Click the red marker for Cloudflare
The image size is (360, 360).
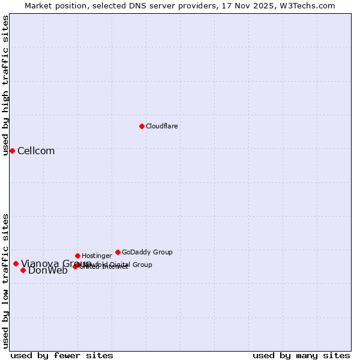point(142,126)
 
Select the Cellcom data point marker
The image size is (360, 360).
point(12,151)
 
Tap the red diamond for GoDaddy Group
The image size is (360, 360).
point(118,252)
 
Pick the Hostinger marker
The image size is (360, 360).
point(77,256)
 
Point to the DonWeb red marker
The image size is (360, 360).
point(23,270)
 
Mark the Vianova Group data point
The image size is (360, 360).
point(16,263)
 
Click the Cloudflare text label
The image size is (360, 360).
point(162,126)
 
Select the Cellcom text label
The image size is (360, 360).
point(36,151)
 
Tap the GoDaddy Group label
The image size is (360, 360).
point(147,252)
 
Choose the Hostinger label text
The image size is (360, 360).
point(97,256)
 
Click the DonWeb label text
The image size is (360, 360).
point(48,271)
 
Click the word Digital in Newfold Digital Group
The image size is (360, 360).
point(120,265)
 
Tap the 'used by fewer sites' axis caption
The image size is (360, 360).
point(62,355)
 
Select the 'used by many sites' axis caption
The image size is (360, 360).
point(301,355)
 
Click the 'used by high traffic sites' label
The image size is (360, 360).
point(5,85)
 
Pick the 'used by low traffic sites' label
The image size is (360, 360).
point(5,280)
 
